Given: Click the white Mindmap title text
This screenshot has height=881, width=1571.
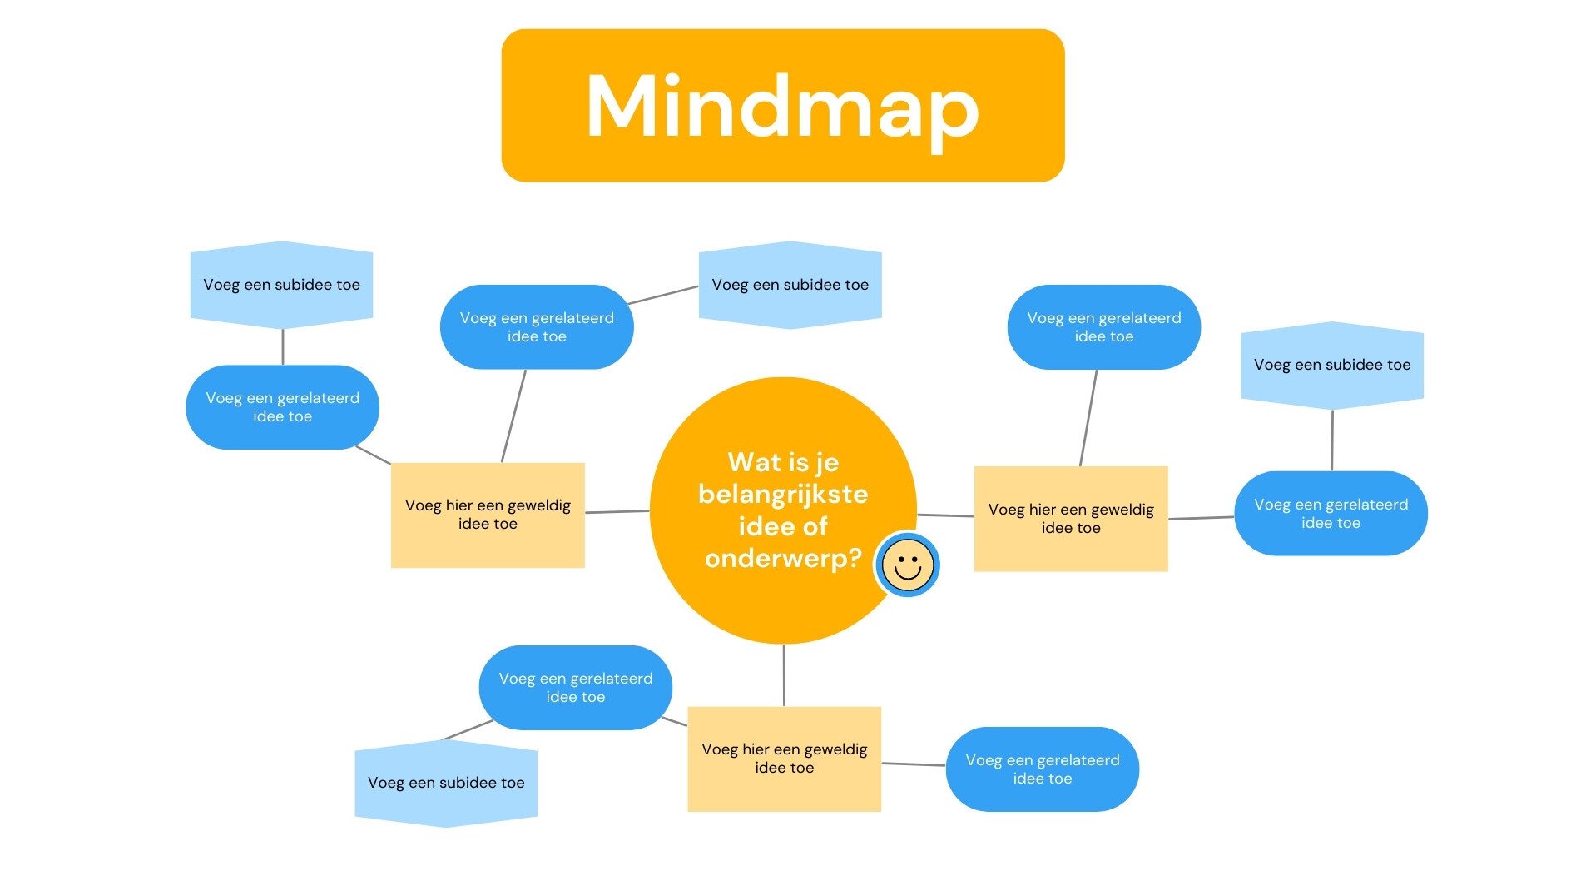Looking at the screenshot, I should pos(782,107).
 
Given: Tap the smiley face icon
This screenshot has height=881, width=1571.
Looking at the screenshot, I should pos(907,565).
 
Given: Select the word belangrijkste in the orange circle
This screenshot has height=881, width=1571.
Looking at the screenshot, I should pos(783,494).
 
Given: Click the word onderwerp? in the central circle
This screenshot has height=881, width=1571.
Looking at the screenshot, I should pos(783,558).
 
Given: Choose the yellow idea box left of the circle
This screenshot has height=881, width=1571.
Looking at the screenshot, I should pos(488,515).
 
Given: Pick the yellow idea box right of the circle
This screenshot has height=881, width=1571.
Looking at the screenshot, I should pos(1071,518).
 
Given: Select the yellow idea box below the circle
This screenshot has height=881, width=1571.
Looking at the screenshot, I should pos(784,759).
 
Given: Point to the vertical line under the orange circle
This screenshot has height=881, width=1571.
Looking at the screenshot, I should pos(784,674).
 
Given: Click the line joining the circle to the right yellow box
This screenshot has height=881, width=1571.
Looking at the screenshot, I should pos(945,515).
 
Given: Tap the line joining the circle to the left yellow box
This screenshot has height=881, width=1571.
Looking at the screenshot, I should pos(617,512).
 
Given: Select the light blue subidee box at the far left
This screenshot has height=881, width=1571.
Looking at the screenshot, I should pos(281,285).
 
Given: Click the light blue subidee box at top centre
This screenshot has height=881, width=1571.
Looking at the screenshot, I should pos(790,285).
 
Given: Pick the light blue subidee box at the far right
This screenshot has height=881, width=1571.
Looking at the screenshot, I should pos(1332,365).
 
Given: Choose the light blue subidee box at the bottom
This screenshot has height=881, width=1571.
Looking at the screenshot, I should pos(446,783).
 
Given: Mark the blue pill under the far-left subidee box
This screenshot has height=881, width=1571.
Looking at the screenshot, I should pos(282,407).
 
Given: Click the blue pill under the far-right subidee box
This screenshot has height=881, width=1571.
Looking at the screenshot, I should pos(1331,514).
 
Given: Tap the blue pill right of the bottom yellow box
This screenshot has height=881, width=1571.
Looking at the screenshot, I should pos(1042,769).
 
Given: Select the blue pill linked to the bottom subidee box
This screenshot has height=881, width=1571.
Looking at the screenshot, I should pos(575,688).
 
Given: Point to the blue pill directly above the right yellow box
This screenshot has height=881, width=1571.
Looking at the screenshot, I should pos(1103,327).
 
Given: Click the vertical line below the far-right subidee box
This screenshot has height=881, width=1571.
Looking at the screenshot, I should pos(1332,440).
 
